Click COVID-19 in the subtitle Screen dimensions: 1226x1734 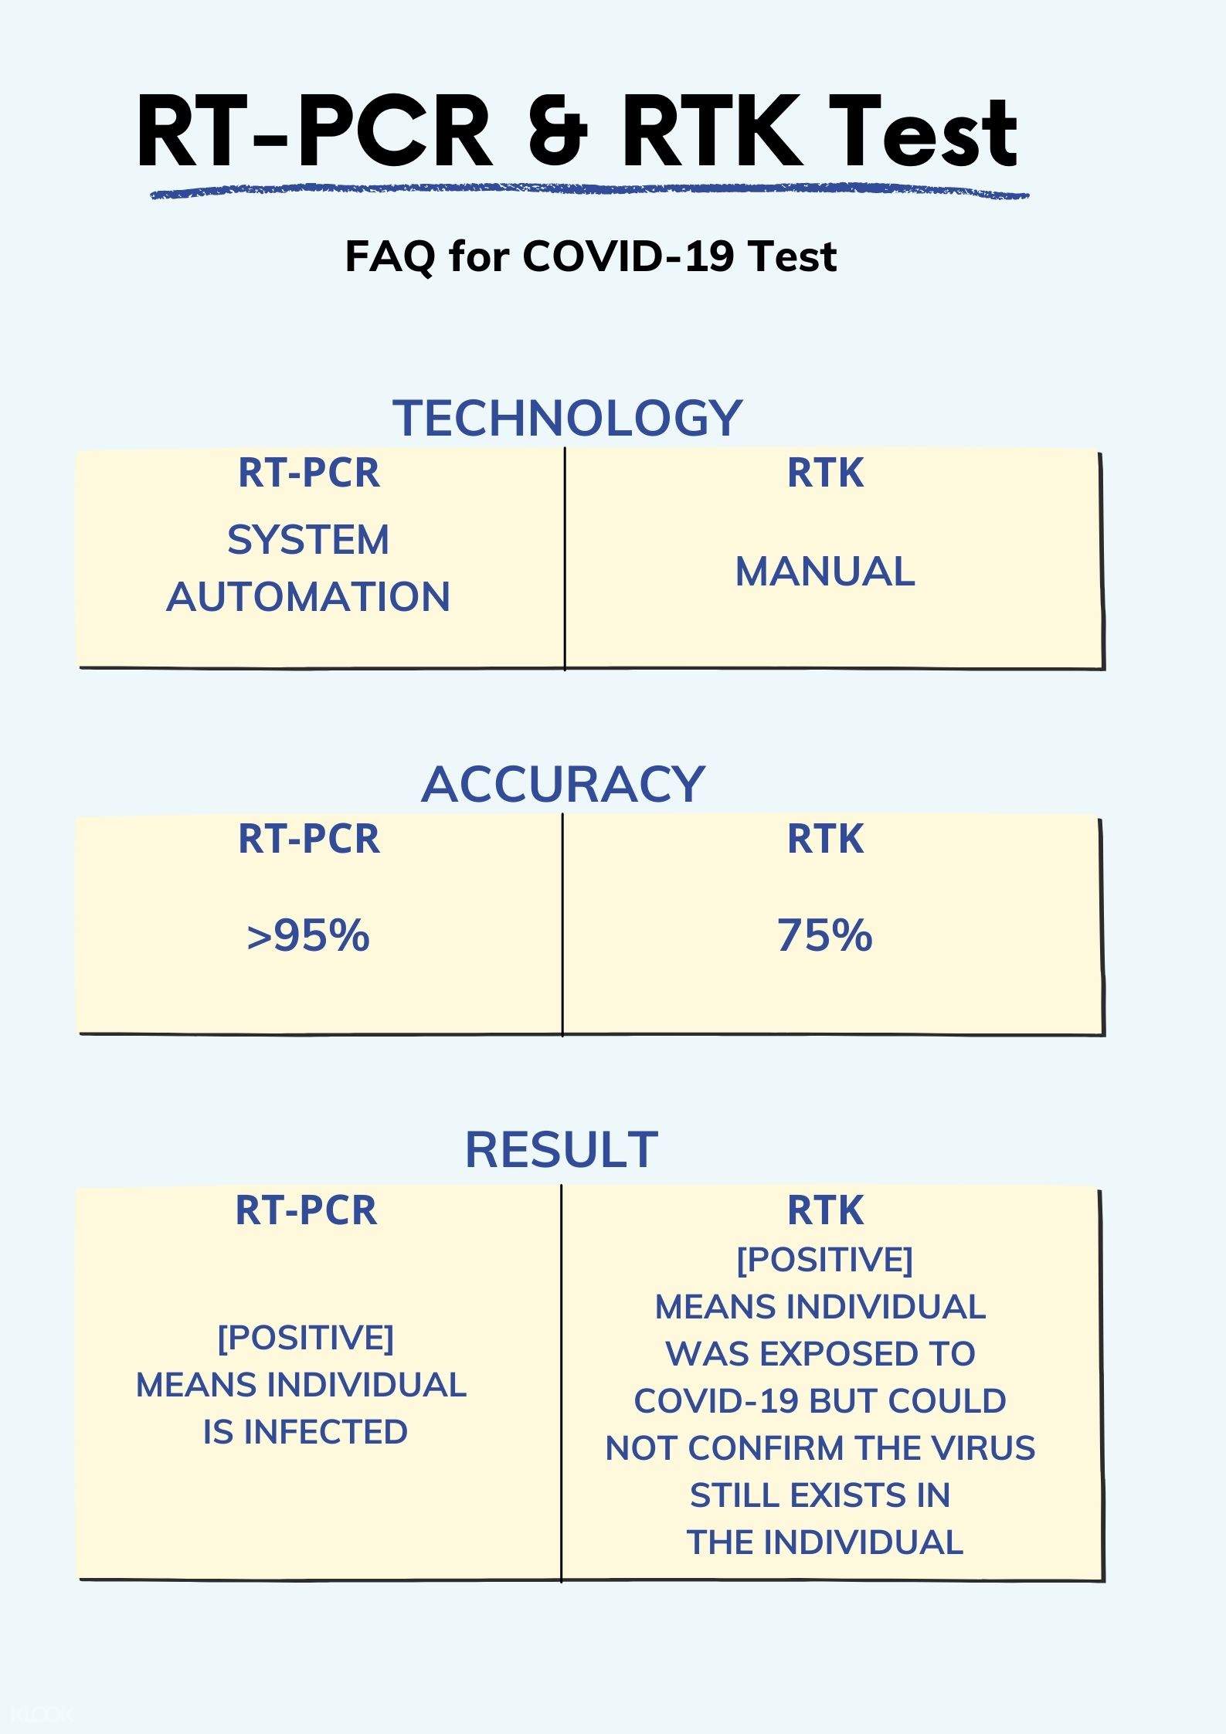[627, 256]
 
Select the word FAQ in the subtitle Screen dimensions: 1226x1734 [390, 256]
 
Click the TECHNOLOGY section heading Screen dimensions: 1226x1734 [568, 418]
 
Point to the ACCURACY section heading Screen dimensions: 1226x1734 [563, 784]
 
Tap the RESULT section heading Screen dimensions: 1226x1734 [562, 1149]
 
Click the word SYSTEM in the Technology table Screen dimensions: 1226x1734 [308, 539]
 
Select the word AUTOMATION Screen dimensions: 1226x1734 [308, 596]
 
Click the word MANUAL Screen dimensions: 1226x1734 [825, 572]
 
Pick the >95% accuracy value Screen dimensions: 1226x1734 [308, 935]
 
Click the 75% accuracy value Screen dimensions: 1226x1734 [825, 935]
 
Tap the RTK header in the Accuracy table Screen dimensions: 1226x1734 [825, 839]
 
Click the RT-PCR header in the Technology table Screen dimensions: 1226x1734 [309, 473]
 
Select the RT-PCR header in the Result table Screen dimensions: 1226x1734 [306, 1210]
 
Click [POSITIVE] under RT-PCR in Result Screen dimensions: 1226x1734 [306, 1338]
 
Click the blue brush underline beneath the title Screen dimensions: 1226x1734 [589, 192]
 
